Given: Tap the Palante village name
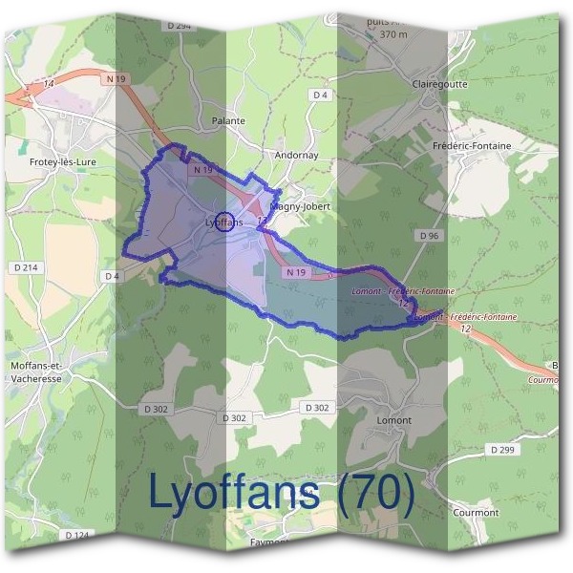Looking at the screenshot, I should [228, 121].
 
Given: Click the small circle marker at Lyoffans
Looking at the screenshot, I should [223, 222].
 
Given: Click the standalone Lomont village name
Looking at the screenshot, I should [393, 420].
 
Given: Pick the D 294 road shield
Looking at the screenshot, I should [178, 26].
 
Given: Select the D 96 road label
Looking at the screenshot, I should [429, 234].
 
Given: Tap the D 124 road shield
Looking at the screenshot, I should [75, 535].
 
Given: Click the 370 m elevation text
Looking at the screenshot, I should [393, 34].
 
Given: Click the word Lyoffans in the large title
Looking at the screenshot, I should [234, 492].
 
